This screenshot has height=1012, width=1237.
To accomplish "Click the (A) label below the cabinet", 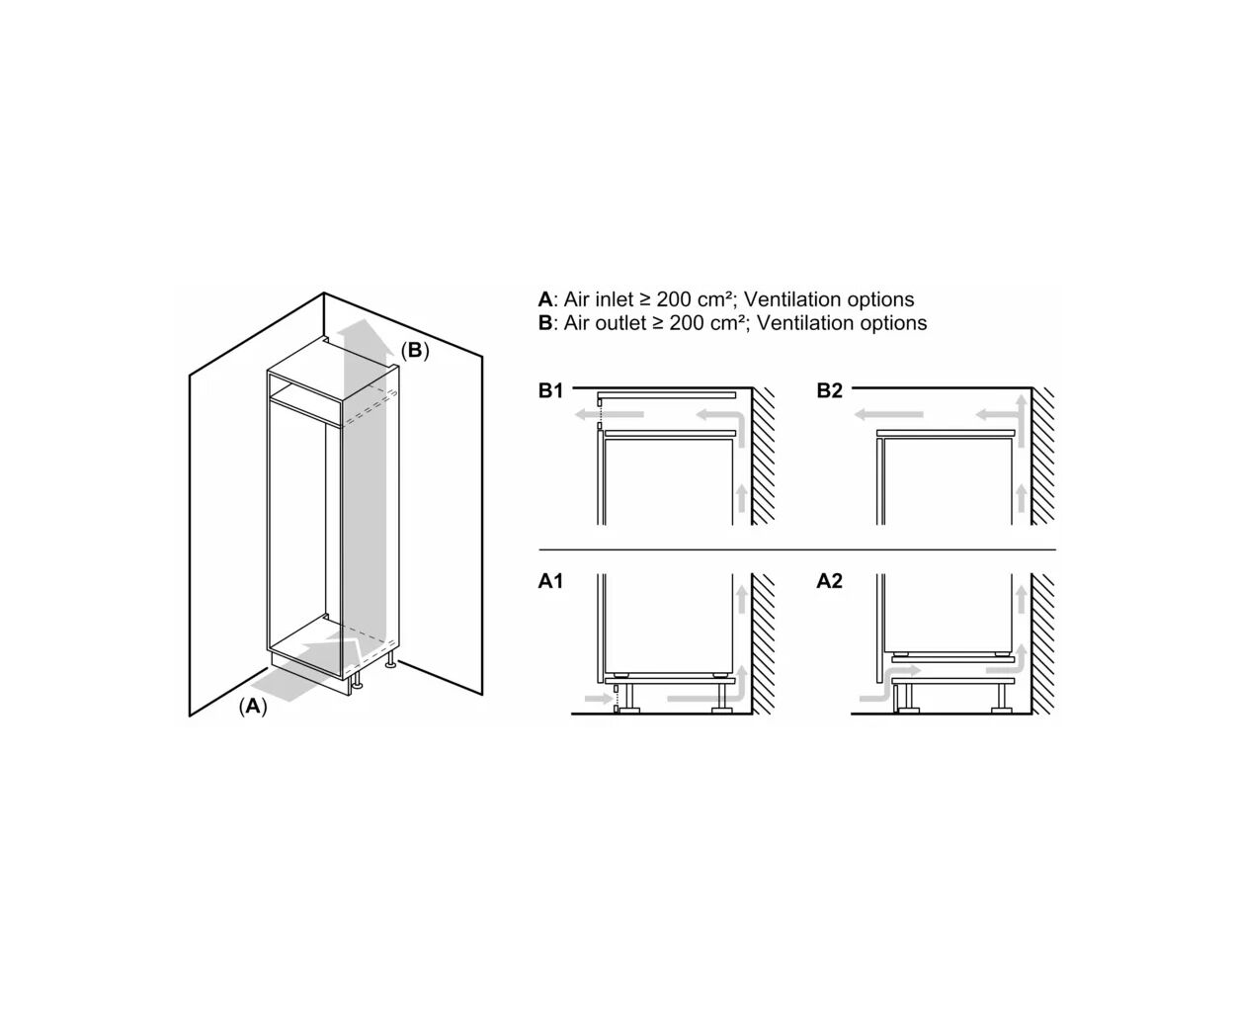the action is coord(253,707).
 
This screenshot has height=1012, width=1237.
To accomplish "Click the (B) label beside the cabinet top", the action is coord(415,351).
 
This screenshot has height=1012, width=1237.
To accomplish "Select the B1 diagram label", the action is coord(550,390).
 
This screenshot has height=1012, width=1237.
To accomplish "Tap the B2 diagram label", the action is coord(829,390).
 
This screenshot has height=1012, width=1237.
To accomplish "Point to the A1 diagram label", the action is coord(550,581).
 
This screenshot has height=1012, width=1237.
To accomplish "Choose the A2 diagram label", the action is coord(829,581).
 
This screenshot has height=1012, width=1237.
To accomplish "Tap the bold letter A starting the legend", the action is coord(544,299).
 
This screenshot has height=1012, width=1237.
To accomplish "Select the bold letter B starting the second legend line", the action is coord(544,322).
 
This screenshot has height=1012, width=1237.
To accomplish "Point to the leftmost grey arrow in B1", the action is coord(609,415).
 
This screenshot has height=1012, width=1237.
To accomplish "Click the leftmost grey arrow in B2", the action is coord(888,415).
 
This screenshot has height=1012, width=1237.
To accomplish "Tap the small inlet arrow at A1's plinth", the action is coord(599,698).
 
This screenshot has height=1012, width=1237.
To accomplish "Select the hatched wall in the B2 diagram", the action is coord(1043,456).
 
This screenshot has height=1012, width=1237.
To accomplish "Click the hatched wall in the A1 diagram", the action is coord(763,643).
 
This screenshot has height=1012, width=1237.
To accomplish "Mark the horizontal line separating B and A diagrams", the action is coord(797,549).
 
